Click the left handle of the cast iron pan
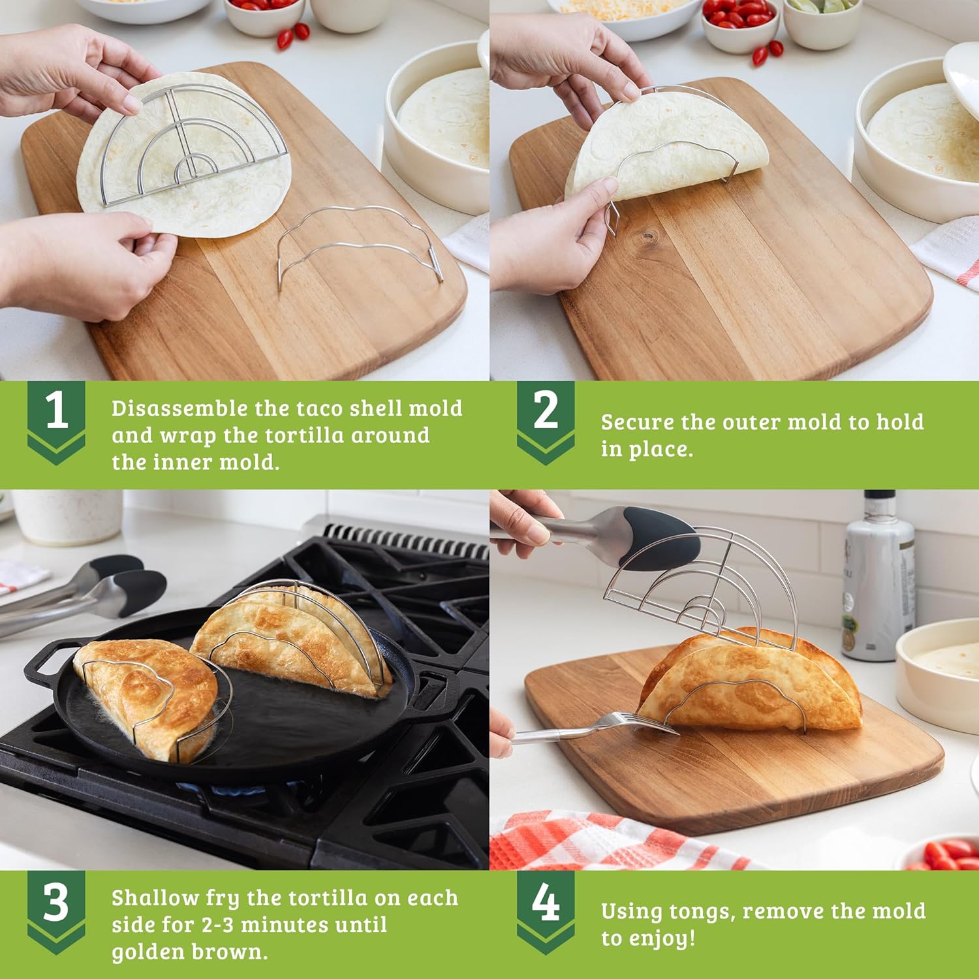pyautogui.click(x=46, y=662)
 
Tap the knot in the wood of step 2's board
pyautogui.click(x=647, y=234)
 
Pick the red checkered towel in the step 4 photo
pyautogui.click(x=587, y=842)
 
